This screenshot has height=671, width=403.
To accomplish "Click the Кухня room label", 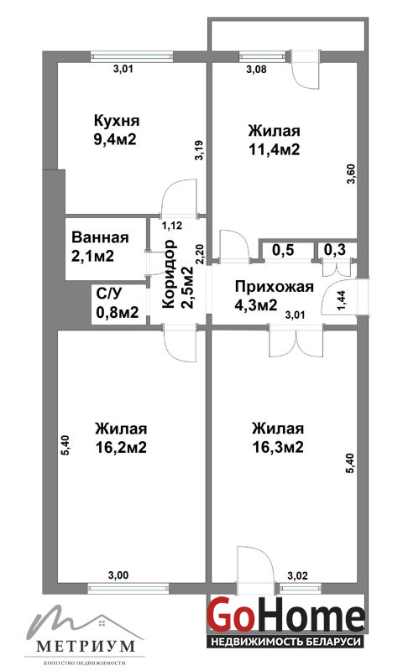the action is [117, 121].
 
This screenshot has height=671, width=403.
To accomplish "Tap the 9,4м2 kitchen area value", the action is [115, 139].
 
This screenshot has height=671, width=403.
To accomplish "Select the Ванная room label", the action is [100, 237].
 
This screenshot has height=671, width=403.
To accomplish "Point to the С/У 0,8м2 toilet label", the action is [118, 304].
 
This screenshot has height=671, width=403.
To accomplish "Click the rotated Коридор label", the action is [169, 274].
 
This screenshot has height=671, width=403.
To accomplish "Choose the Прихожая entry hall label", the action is [274, 286].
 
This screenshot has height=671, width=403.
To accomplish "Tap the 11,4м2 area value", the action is [274, 150].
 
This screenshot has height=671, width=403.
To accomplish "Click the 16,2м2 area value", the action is [121, 448].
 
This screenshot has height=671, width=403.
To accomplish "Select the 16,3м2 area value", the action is [278, 448].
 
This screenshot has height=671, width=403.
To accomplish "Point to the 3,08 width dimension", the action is [257, 70].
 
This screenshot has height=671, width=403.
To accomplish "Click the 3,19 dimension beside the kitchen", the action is [199, 151].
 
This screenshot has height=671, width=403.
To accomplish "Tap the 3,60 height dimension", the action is [352, 174].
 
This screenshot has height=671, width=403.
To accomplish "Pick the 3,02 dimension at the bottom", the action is [297, 575].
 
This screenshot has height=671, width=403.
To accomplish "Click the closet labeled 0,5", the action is [284, 250].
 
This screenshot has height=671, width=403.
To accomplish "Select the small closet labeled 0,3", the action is [334, 250].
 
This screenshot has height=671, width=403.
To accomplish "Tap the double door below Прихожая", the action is [296, 341].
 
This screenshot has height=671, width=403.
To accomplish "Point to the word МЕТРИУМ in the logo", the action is [86, 646].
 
